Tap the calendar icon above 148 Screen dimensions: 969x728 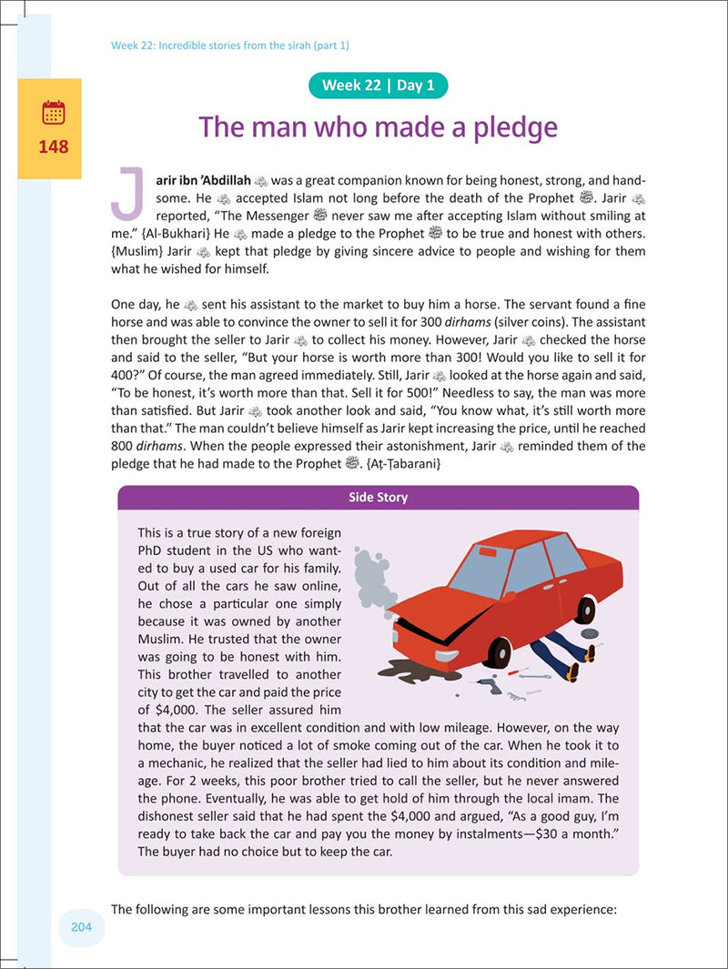coord(54,114)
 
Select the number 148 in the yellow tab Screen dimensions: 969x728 coord(54,146)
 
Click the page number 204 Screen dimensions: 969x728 coord(83,927)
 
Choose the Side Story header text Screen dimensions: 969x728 coord(379,498)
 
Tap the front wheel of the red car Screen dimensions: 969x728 coord(500,651)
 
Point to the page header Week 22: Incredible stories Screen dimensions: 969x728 coord(230,45)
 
